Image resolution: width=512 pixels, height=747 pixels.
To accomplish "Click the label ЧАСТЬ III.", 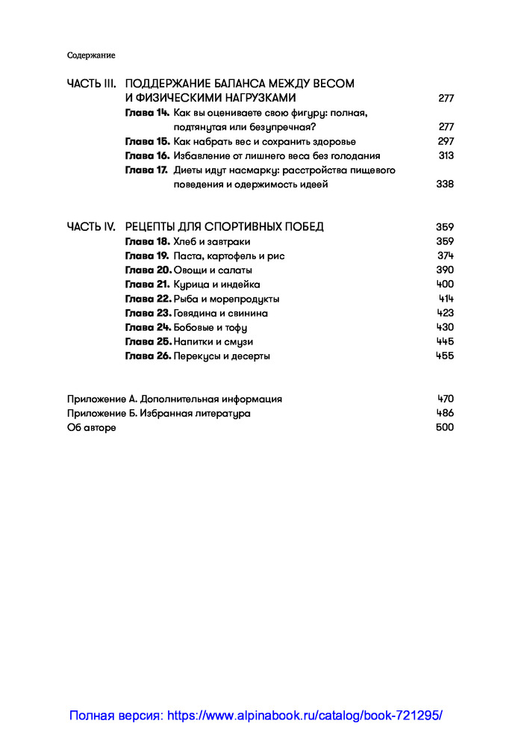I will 92,84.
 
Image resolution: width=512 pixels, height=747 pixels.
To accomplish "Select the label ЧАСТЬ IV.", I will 91,227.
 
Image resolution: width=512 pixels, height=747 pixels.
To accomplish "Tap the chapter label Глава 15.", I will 147,141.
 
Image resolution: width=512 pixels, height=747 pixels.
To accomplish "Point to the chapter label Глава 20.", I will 148,270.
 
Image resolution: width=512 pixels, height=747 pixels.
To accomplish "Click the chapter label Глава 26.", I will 148,356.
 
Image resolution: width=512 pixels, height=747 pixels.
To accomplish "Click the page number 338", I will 445,185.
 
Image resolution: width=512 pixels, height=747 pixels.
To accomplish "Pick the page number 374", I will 446,255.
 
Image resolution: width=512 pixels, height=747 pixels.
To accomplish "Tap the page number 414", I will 446,299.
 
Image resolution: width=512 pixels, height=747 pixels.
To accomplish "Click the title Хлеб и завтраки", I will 212,241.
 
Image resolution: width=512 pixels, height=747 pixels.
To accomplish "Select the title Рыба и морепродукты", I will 227,299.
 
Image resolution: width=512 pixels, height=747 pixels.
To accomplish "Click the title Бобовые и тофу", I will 210,327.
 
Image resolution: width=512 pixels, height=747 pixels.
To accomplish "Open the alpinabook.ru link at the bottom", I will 256,715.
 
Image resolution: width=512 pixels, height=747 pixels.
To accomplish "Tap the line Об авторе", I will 92,427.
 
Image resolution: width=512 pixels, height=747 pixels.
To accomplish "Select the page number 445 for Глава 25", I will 445,341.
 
